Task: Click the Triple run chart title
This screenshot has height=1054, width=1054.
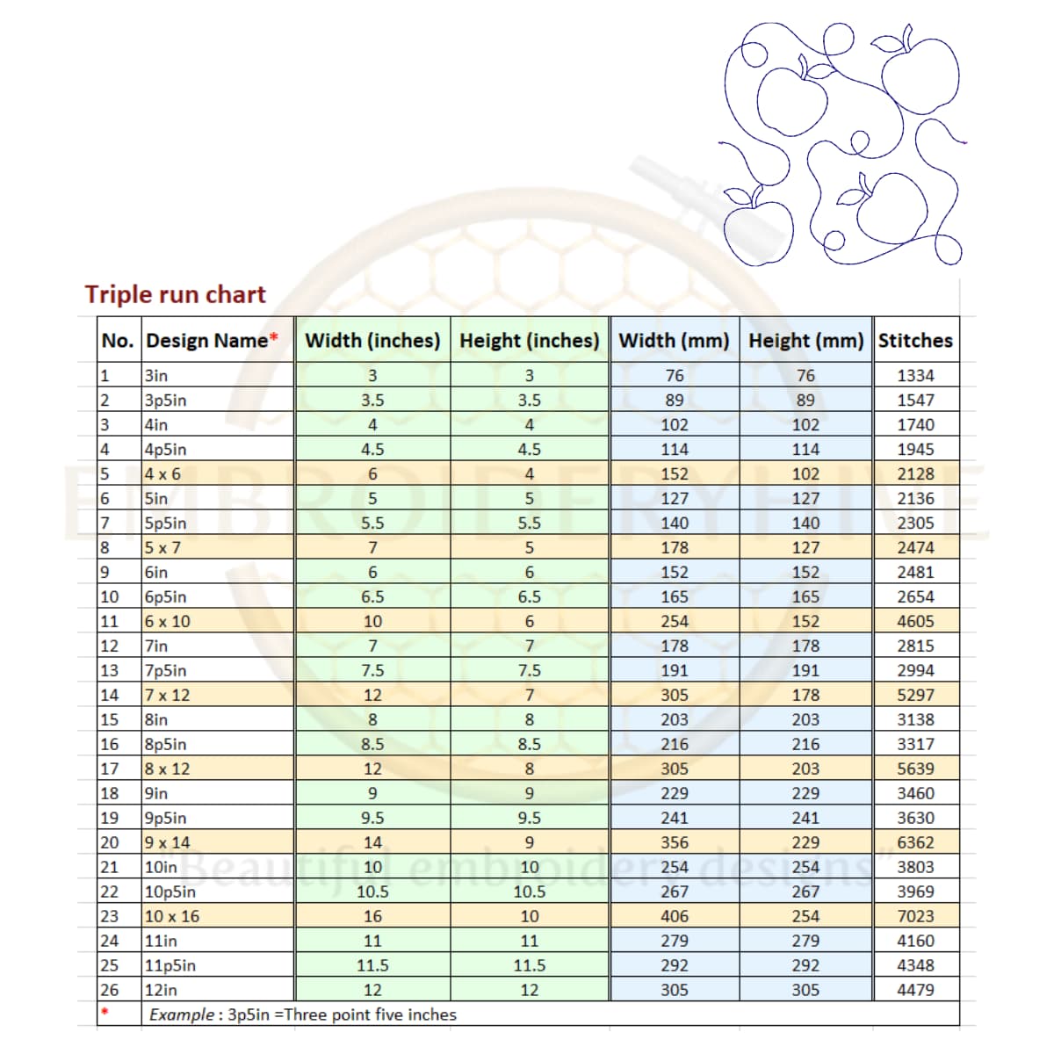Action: click(175, 294)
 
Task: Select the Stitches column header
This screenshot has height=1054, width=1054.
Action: click(915, 341)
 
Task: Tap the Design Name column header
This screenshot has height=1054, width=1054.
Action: click(207, 341)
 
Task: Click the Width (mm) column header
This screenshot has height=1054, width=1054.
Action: click(674, 341)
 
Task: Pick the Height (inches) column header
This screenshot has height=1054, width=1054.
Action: click(529, 341)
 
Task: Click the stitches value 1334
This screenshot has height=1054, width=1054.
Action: click(915, 376)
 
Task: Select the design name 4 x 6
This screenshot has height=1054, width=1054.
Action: click(162, 474)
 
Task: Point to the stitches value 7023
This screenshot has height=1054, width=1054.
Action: click(915, 916)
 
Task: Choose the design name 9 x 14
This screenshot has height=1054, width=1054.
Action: click(167, 842)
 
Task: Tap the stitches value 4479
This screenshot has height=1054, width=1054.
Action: click(915, 990)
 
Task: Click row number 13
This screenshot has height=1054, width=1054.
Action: click(109, 670)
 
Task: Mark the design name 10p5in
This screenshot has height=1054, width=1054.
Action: click(170, 892)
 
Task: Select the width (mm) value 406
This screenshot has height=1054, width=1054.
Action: click(674, 916)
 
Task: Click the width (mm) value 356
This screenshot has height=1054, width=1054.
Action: click(674, 842)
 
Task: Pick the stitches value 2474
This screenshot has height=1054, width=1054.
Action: click(915, 548)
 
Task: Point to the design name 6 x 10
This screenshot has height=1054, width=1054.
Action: click(167, 621)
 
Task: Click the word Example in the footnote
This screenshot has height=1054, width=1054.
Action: click(180, 1015)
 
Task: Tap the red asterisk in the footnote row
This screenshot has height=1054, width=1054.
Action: click(105, 1013)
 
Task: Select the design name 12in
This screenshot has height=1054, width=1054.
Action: click(161, 990)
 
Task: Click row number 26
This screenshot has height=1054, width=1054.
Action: click(109, 990)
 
